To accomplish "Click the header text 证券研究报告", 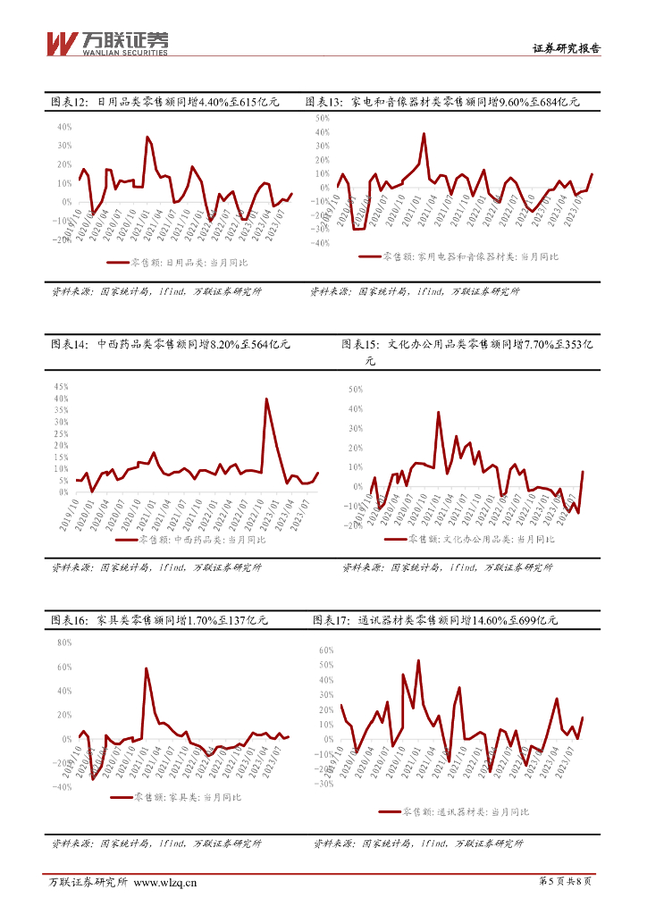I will [566, 49].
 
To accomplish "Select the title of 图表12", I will [165, 103].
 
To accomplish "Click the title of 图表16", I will [160, 620].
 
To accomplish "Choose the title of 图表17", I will [435, 620].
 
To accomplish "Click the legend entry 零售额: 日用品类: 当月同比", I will [177, 263].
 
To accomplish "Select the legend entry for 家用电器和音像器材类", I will [458, 256].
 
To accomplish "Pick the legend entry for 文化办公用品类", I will [469, 539].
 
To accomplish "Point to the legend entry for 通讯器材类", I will [454, 812].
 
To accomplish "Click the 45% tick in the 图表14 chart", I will [62, 386].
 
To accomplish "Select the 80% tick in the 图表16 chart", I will [63, 642].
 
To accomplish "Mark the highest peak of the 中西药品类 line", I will [266, 399].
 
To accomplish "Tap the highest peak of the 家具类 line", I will [146, 668].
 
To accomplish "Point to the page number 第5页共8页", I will [566, 882].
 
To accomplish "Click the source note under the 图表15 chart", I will [448, 567].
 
